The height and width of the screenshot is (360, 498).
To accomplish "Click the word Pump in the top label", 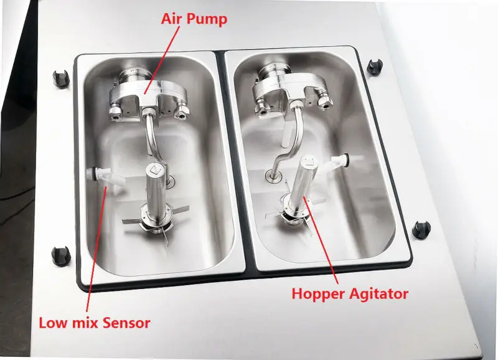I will [x=208, y=19].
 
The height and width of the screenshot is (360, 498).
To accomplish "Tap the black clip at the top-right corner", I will [x=375, y=67].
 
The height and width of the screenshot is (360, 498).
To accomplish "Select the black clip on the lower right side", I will [x=421, y=229].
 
